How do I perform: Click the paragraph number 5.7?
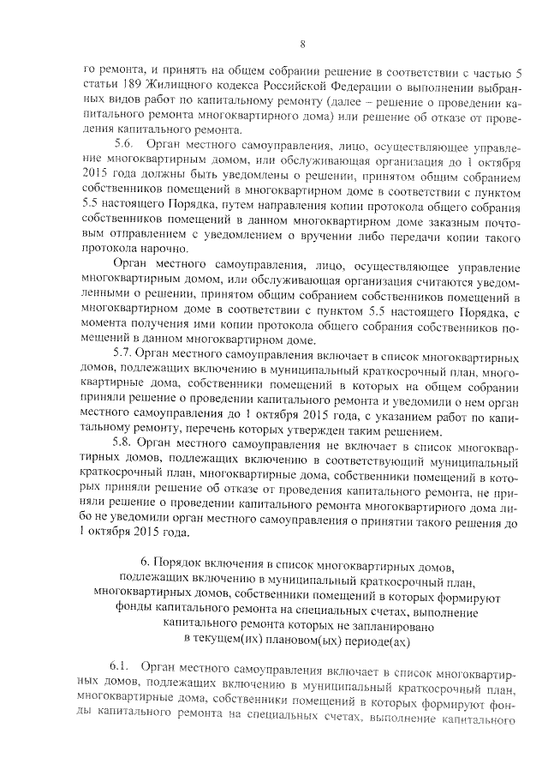124,352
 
